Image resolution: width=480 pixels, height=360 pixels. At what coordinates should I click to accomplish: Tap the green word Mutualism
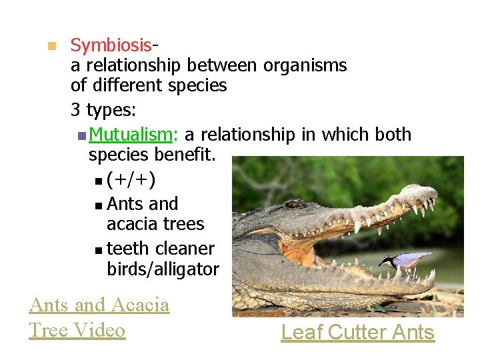coord(131,135)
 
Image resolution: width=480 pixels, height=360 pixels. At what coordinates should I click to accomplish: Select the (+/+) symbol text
coord(132,180)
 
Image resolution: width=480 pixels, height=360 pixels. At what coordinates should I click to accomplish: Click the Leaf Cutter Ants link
coord(357,332)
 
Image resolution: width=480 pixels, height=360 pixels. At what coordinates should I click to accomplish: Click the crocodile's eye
coord(296,204)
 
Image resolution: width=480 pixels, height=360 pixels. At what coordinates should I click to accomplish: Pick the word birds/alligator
coord(163,269)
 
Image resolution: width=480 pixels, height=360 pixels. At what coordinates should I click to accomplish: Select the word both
coord(393,135)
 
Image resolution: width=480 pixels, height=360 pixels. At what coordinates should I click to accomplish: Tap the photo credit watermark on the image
coord(259,312)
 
